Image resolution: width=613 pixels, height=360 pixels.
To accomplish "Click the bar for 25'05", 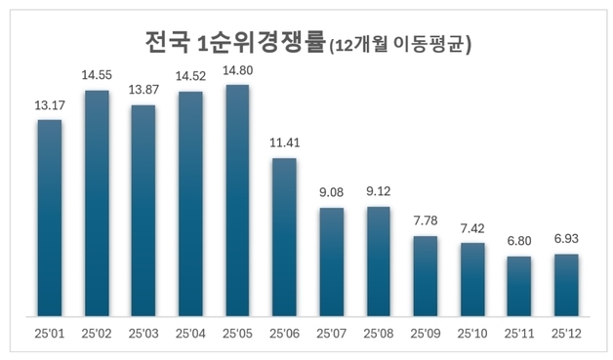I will (x=237, y=201).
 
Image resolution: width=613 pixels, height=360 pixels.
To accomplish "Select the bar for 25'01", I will (x=50, y=219).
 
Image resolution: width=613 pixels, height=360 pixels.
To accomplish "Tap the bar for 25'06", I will (x=284, y=237).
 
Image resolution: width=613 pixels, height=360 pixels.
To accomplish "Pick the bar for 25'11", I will (x=519, y=287).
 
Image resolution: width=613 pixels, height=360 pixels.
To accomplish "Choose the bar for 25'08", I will (x=378, y=261).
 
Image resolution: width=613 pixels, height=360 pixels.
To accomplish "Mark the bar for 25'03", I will (x=143, y=211).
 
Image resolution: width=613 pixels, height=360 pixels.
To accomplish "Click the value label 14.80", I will (x=237, y=71).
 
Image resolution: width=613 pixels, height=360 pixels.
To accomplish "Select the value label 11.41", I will (x=284, y=143).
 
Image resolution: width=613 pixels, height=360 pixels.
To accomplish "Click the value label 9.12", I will (x=378, y=192).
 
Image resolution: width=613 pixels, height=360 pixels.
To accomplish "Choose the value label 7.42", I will (x=472, y=228).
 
